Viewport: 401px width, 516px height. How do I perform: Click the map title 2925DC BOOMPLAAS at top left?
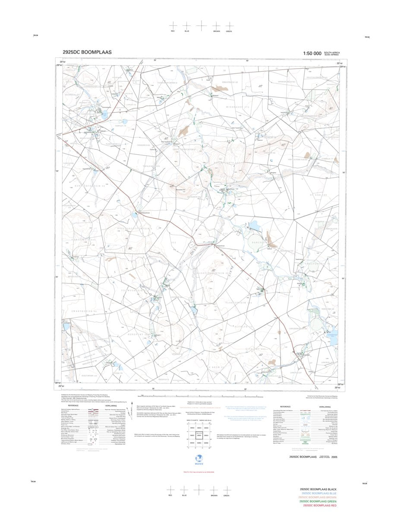pyautogui.click(x=87, y=52)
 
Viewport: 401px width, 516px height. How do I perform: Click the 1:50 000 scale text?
pyautogui.click(x=312, y=53)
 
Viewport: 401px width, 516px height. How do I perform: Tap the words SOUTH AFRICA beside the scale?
pyautogui.click(x=332, y=52)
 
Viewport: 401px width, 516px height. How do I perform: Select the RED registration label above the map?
pyautogui.click(x=173, y=32)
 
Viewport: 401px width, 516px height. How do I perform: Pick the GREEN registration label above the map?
pyautogui.click(x=229, y=32)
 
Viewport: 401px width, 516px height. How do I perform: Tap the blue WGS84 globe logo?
pyautogui.click(x=199, y=458)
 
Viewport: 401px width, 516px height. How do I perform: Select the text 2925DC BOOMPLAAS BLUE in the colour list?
pyautogui.click(x=319, y=493)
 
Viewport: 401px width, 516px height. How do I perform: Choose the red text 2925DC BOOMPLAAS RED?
pyautogui.click(x=320, y=506)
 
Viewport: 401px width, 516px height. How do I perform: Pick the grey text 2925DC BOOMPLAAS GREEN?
pyautogui.click(x=319, y=501)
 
